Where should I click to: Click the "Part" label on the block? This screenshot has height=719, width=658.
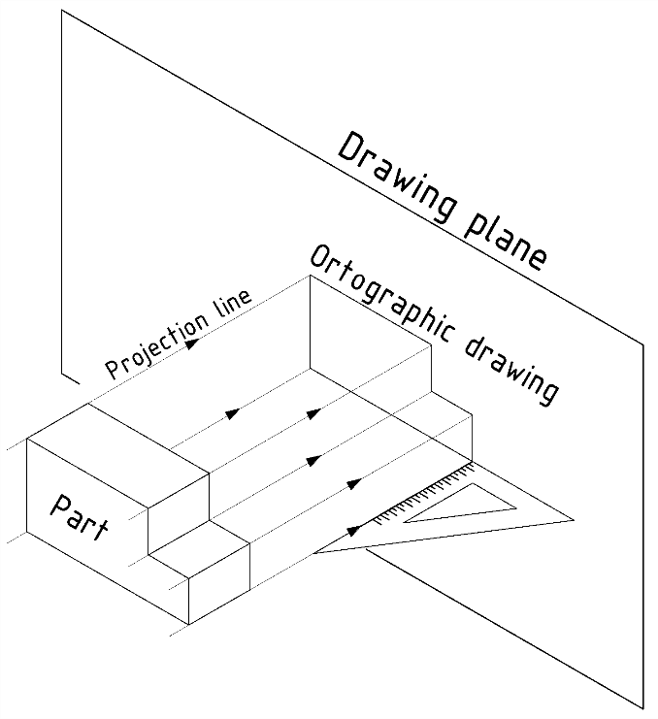[79, 518]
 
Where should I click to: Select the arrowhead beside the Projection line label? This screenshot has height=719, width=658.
[195, 343]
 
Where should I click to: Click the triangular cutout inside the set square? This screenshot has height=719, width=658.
[466, 506]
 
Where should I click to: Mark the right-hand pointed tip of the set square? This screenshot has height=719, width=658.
[573, 520]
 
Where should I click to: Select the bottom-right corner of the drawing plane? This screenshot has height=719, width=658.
[644, 708]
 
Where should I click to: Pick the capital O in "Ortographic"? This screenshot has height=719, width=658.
[321, 261]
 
